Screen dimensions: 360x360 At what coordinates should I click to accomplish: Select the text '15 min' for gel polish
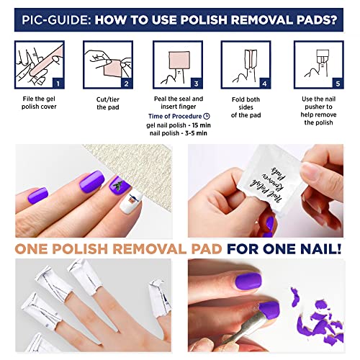206,125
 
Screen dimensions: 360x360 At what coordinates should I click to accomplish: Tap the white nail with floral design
132,201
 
